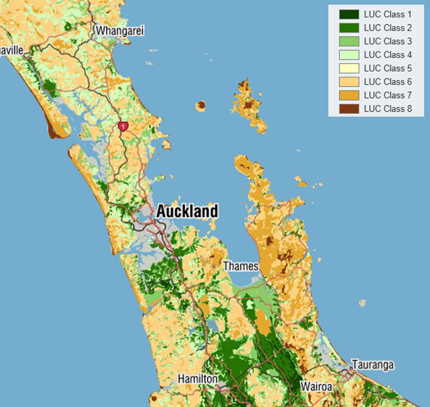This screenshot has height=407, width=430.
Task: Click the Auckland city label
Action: [x=187, y=211]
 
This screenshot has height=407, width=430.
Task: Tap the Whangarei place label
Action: [x=120, y=31]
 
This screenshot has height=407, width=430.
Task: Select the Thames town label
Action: [x=241, y=266]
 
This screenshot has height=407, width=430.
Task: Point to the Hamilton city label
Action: [x=197, y=379]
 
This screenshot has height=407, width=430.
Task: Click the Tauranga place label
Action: [x=373, y=365]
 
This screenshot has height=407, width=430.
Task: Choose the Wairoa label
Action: [x=316, y=386]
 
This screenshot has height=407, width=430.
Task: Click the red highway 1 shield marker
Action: [x=123, y=126]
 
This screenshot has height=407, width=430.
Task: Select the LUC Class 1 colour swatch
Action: [x=349, y=15]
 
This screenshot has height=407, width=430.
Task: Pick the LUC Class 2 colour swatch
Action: [x=349, y=28]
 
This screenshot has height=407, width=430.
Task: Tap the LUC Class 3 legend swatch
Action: [x=349, y=42]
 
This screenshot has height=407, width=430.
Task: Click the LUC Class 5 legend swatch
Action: [x=349, y=68]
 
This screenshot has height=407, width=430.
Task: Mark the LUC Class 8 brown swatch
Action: [x=349, y=109]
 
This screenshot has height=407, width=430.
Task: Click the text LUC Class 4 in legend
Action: [x=388, y=55]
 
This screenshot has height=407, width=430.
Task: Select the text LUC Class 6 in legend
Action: [x=388, y=82]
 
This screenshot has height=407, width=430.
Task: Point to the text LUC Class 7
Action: [x=388, y=95]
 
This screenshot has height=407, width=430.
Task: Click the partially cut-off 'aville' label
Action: [x=11, y=50]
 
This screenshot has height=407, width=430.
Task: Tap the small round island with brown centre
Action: [x=201, y=105]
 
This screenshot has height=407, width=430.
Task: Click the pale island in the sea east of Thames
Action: [x=362, y=303]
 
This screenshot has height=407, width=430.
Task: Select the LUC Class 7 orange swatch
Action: [x=349, y=95]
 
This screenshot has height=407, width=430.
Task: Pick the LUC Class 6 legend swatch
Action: [x=349, y=82]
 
